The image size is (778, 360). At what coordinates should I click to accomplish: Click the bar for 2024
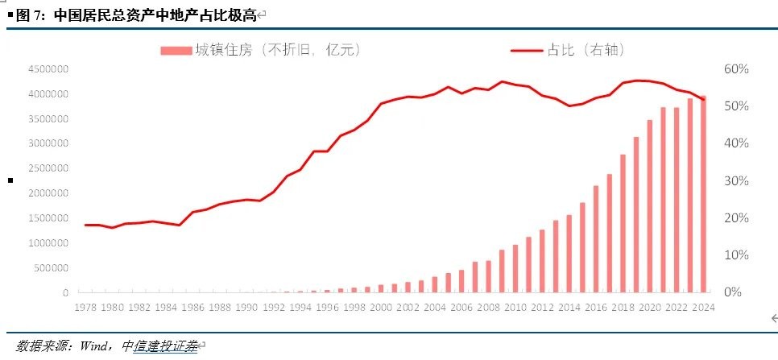click(x=703, y=194)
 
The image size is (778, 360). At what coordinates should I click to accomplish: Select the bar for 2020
click(x=649, y=206)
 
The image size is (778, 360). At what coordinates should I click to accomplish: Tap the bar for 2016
click(x=596, y=239)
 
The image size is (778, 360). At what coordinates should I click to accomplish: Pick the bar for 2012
click(x=542, y=261)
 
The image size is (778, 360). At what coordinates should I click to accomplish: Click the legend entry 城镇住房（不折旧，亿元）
click(x=261, y=50)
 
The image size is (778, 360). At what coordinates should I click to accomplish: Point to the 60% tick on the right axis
click(x=737, y=69)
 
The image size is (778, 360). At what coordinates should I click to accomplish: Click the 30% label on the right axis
click(x=737, y=180)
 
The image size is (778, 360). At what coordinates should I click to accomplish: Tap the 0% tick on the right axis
click(x=733, y=292)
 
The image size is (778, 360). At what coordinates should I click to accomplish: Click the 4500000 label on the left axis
click(x=48, y=70)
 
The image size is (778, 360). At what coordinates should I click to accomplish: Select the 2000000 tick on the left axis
click(x=48, y=193)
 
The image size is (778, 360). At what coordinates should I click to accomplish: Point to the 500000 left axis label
click(x=50, y=267)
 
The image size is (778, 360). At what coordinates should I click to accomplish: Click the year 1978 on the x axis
click(x=85, y=307)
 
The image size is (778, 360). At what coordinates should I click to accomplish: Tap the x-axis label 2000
click(x=380, y=307)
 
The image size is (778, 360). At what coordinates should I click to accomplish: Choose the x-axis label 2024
click(x=703, y=307)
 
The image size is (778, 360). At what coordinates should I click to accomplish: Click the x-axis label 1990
click(x=246, y=307)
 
